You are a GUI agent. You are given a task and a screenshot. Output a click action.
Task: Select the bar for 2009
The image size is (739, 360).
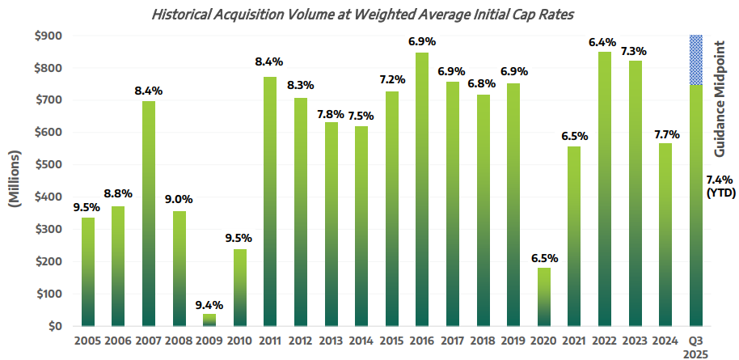coord(209,320)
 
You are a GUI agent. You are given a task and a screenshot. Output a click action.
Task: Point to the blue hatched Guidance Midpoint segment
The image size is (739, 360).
coord(695,60)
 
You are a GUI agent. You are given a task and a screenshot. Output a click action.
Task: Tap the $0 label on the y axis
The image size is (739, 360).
coord(57,327)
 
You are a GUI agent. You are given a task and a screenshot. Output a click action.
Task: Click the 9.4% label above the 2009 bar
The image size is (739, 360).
coord(209,305)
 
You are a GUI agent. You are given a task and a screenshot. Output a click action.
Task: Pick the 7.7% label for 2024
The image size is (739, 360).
coord(664,133)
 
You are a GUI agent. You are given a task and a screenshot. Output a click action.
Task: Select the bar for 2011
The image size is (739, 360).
coord(269,201)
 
